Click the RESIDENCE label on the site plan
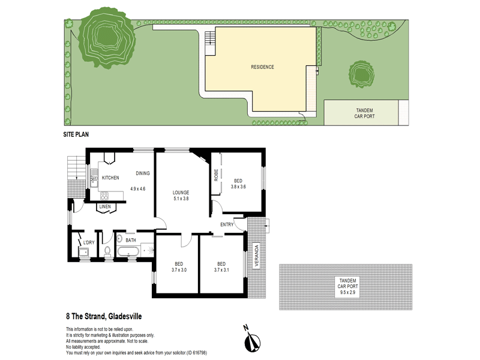tap(262, 67)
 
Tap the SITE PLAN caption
tap(76, 134)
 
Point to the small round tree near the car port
tap(362, 74)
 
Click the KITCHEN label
tap(110, 178)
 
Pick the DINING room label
tap(143, 173)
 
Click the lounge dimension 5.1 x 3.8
tap(181, 199)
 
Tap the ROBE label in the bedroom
tap(216, 175)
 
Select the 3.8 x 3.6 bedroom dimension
tap(238, 187)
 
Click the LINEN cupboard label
tap(105, 206)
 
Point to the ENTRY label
tap(227, 224)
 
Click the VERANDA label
tap(257, 255)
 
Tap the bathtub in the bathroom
tap(128, 251)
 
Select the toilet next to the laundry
tap(107, 251)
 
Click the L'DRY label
tap(89, 243)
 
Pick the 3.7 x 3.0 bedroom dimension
tap(179, 270)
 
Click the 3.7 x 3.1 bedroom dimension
tap(221, 270)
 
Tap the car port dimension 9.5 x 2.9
tap(347, 292)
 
